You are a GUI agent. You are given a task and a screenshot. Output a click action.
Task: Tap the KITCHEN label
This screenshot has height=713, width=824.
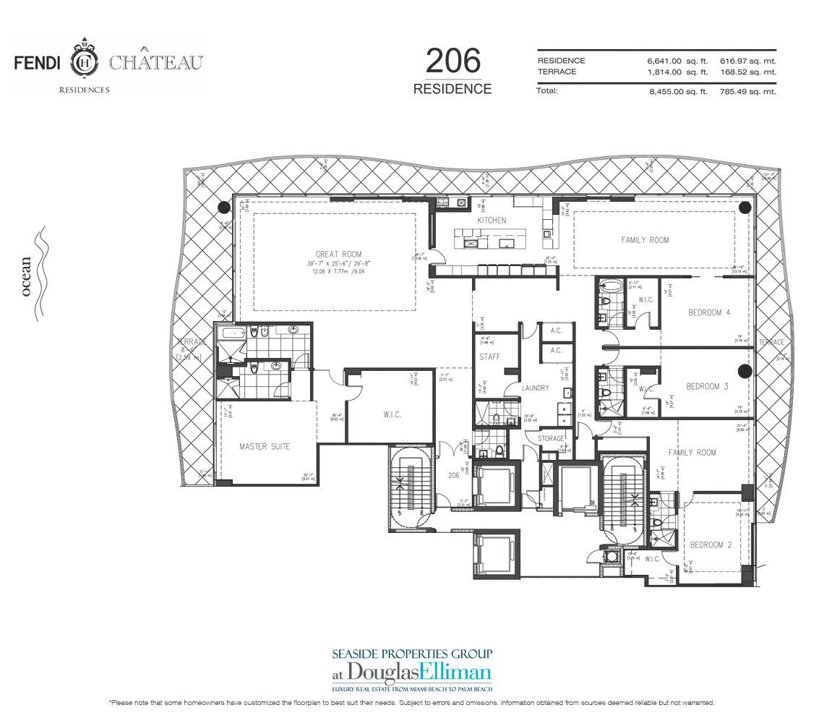[x=492, y=220]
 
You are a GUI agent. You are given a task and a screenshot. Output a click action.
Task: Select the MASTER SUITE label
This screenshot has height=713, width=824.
[x=265, y=446]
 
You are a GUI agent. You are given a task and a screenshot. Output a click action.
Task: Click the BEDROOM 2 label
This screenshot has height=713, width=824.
[x=711, y=545]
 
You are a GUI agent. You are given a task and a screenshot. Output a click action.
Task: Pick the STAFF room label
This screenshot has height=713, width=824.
[x=490, y=356]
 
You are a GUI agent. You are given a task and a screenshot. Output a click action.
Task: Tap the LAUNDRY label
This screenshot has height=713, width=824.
[x=536, y=388]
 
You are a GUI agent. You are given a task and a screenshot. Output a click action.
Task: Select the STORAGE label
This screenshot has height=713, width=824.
[x=551, y=438]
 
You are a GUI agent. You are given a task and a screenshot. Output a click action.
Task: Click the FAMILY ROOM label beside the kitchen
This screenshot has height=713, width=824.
[x=645, y=239]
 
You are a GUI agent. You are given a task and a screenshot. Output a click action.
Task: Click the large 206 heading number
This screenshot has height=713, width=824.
[x=452, y=61]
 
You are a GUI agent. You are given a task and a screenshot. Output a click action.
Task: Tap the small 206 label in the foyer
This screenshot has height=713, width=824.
[x=453, y=476]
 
